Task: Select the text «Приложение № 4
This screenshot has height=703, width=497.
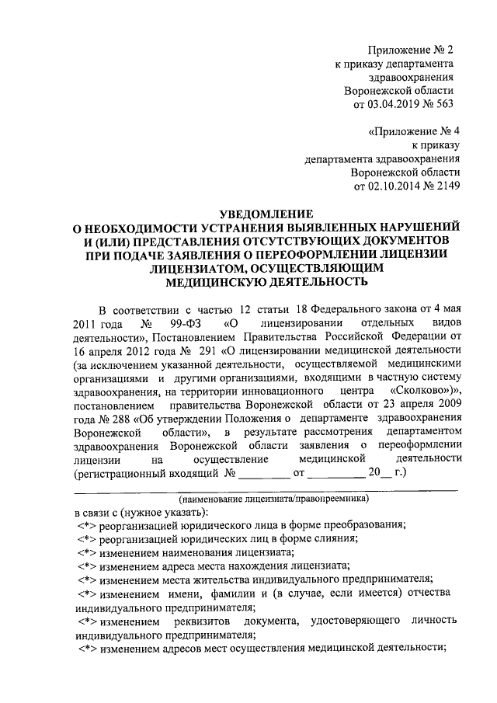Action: (416, 131)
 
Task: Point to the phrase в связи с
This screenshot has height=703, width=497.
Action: (97, 511)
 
